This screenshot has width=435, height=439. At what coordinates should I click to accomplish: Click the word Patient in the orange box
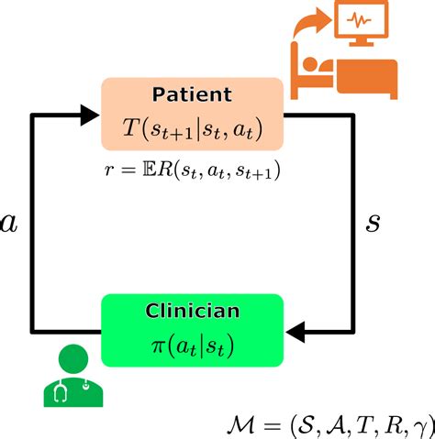click(x=192, y=94)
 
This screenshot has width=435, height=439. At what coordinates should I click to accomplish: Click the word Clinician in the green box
click(x=192, y=311)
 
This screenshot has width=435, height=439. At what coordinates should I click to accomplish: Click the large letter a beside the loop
click(x=10, y=224)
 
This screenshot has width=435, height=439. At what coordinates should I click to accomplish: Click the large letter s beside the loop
click(x=373, y=223)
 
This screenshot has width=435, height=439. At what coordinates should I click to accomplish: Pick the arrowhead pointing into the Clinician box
click(x=296, y=330)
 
